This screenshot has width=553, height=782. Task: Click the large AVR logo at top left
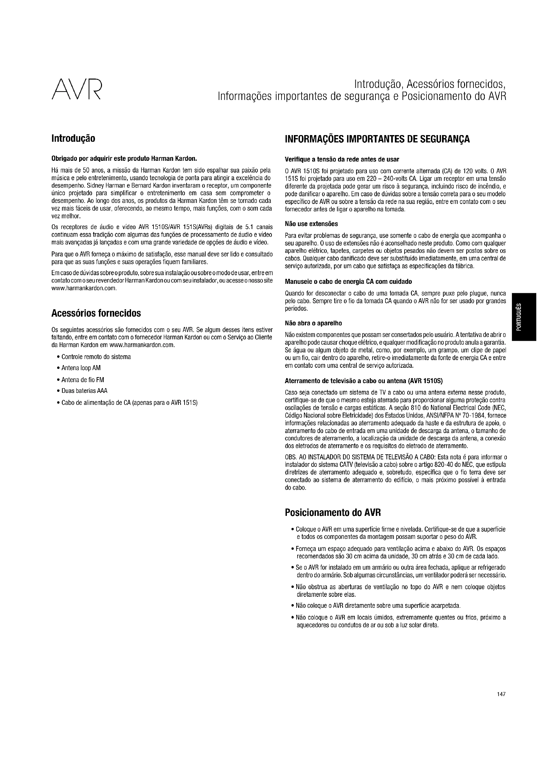point(77,90)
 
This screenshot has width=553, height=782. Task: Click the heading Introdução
point(73,139)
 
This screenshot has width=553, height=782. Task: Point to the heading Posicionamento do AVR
point(333,513)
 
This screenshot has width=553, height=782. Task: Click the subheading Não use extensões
point(311,224)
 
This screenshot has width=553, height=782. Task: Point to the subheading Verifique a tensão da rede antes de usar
point(342,159)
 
